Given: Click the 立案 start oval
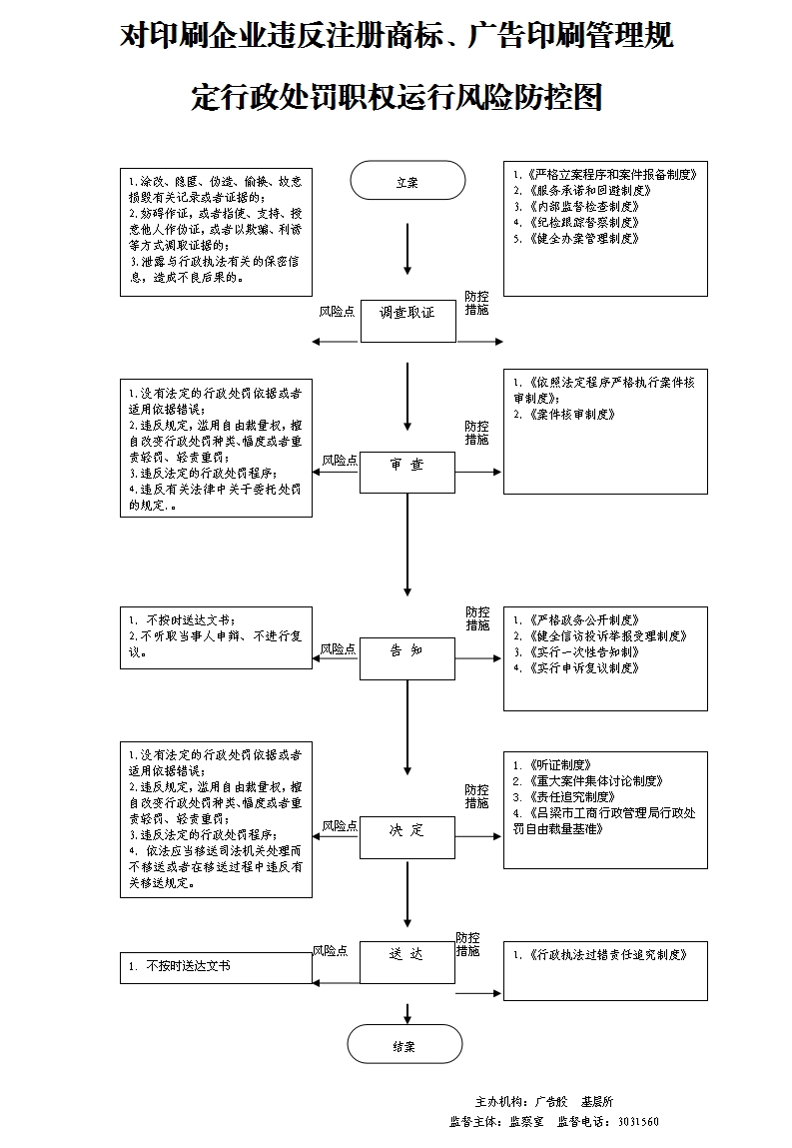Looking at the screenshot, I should [407, 181].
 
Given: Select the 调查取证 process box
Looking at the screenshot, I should [407, 320].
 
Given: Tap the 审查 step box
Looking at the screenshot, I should [406, 472].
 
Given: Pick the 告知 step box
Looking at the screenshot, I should [406, 657].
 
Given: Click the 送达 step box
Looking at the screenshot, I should [406, 962].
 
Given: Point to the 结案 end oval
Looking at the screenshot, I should [404, 1044].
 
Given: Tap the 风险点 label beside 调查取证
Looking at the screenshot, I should [337, 312].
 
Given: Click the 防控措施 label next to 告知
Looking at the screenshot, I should [477, 618].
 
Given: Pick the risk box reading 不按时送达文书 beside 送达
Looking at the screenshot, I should [216, 967].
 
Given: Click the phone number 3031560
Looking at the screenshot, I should [638, 1121].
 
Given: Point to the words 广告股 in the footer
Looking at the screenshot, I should [551, 1100].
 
